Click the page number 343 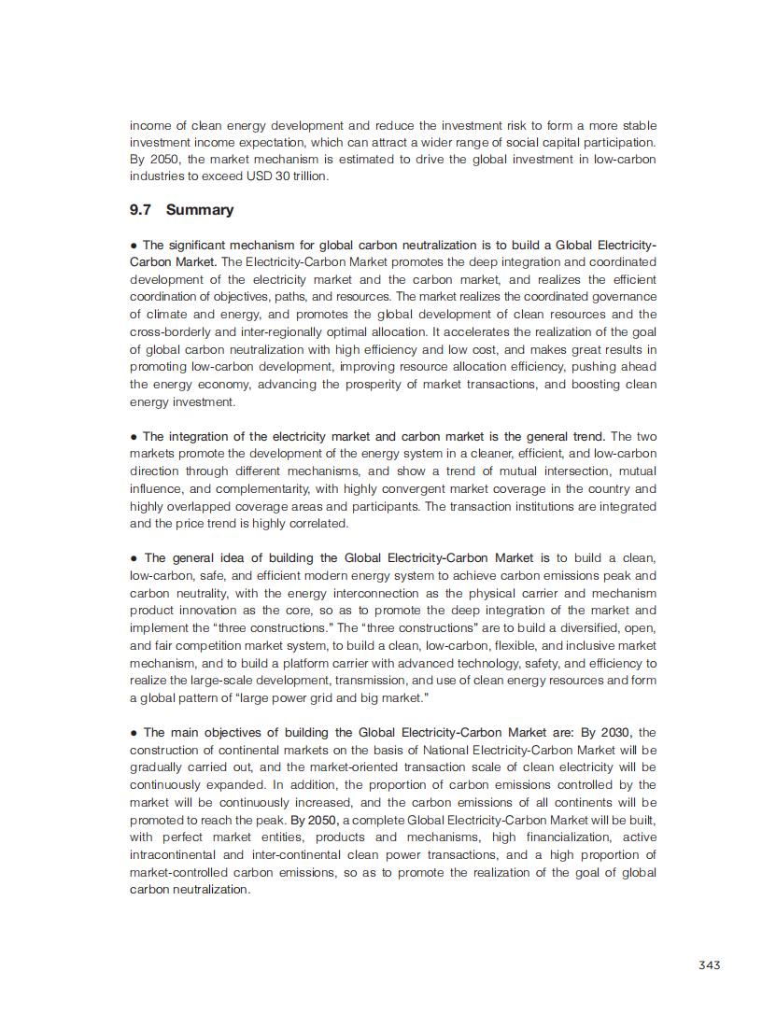[x=709, y=964]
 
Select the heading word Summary [x=200, y=210]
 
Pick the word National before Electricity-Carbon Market [x=452, y=750]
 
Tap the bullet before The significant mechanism [x=134, y=245]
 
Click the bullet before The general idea [x=134, y=558]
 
